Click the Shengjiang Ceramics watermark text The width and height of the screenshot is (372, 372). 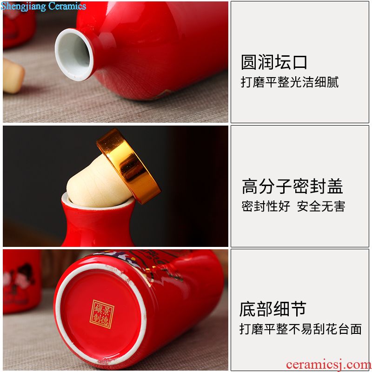coord(43,6)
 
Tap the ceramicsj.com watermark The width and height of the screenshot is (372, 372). coord(329,364)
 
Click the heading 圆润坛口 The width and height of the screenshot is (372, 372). coord(274,62)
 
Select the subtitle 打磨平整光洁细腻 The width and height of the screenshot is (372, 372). coord(290,82)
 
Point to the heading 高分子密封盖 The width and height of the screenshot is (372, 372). coord(292,186)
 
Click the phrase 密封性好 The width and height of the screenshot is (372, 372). coord(266,206)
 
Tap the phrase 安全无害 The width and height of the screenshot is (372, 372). coord(321,206)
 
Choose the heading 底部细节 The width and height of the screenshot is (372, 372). coord(273,309)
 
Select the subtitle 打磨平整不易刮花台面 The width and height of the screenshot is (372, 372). coord(300,329)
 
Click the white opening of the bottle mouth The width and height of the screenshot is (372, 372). coord(73,54)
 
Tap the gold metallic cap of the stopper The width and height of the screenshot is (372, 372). coord(129,166)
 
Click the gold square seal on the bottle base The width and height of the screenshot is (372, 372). coord(102,314)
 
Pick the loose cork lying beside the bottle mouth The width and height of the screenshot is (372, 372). coord(13,76)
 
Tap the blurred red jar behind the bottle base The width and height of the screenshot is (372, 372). coord(21,281)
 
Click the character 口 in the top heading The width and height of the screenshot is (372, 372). coord(300,62)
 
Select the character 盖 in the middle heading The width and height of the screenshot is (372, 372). coord(335,186)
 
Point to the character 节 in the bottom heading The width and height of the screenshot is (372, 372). coord(299,309)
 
